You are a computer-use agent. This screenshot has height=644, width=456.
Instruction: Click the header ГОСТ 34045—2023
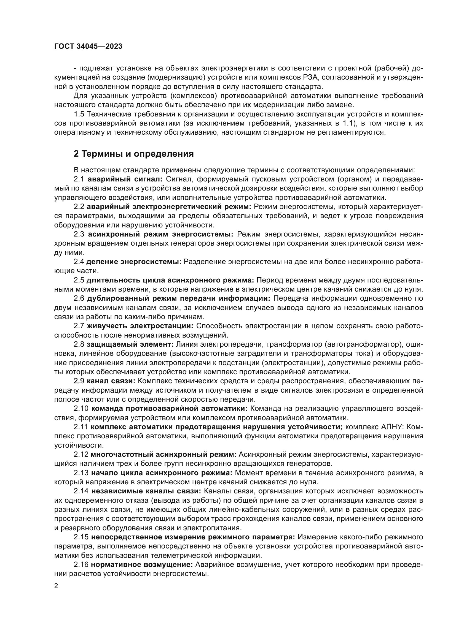tap(88, 47)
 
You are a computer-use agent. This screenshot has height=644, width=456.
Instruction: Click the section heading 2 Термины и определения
tap(134, 154)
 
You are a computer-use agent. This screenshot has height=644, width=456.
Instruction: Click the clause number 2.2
tap(79, 207)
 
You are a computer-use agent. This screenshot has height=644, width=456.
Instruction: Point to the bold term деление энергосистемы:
tap(134, 262)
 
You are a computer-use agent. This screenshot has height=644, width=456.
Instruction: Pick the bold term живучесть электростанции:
tap(140, 326)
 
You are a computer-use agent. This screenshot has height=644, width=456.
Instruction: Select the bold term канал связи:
tap(111, 381)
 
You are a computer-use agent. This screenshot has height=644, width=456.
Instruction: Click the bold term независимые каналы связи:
tap(146, 491)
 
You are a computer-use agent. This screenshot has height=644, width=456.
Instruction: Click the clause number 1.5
tap(79, 114)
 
